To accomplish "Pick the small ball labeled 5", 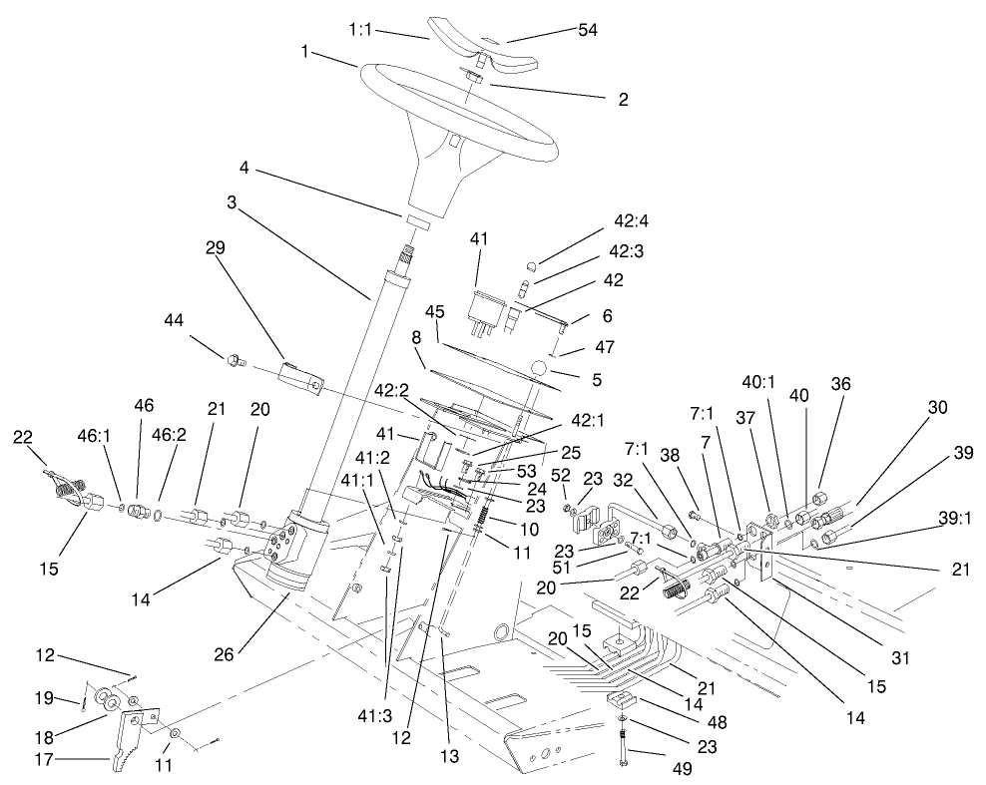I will (540, 372).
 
